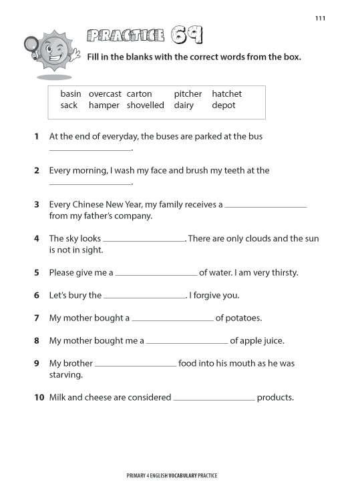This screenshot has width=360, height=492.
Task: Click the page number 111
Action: point(320,18)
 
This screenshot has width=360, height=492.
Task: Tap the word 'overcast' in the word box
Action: point(104,94)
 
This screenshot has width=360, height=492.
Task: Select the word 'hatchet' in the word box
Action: point(226,94)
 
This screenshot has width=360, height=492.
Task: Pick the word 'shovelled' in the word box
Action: point(145,105)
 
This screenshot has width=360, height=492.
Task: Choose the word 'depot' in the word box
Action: point(224,105)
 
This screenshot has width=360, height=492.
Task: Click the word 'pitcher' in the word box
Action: point(188,94)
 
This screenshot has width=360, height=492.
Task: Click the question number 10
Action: point(39,398)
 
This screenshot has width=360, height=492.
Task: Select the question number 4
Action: point(37,238)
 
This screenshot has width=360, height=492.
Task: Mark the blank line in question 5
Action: point(157,275)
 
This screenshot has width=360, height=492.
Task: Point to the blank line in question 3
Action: point(266,207)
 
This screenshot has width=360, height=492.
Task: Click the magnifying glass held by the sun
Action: point(31,45)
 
